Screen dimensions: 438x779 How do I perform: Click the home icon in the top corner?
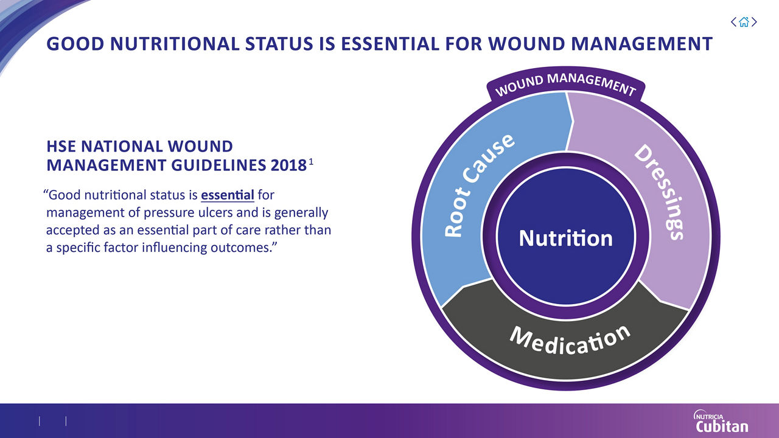(744, 23)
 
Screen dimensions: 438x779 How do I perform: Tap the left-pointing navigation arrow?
(733, 23)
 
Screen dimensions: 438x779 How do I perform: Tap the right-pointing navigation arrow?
(755, 23)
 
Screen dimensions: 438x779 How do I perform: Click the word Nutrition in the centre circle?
(565, 238)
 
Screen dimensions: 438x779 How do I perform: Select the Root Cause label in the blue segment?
(481, 186)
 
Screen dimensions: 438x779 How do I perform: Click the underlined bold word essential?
(227, 196)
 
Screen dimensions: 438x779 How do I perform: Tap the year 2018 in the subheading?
(290, 164)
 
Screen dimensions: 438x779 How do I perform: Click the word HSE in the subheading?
(61, 147)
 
